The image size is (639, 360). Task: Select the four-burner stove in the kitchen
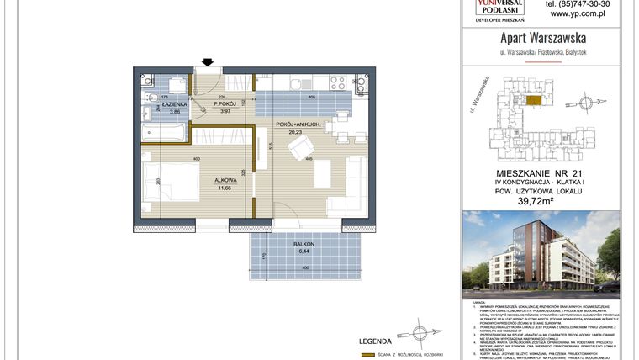(x=339, y=82)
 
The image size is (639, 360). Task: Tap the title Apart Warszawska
(x=542, y=39)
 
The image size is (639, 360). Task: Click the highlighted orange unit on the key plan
(x=532, y=98)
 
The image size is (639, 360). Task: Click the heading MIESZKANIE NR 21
(x=542, y=171)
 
